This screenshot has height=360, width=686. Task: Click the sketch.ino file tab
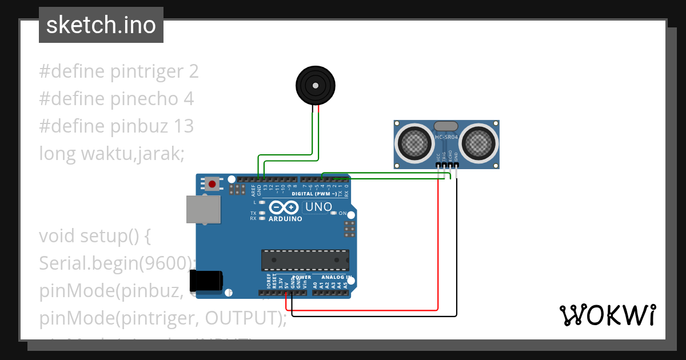(101, 25)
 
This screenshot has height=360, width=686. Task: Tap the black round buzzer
(314, 86)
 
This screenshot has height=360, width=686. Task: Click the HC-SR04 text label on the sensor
(446, 137)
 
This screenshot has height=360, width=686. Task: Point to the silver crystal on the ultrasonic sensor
(446, 126)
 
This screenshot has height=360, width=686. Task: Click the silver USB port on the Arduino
(203, 209)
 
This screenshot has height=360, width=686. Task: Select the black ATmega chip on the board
(305, 260)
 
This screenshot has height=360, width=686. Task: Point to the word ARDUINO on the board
(285, 219)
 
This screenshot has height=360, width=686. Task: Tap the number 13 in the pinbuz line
(184, 126)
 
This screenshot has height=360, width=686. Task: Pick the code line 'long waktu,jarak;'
(111, 153)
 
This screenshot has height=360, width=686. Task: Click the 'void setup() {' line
(94, 235)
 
